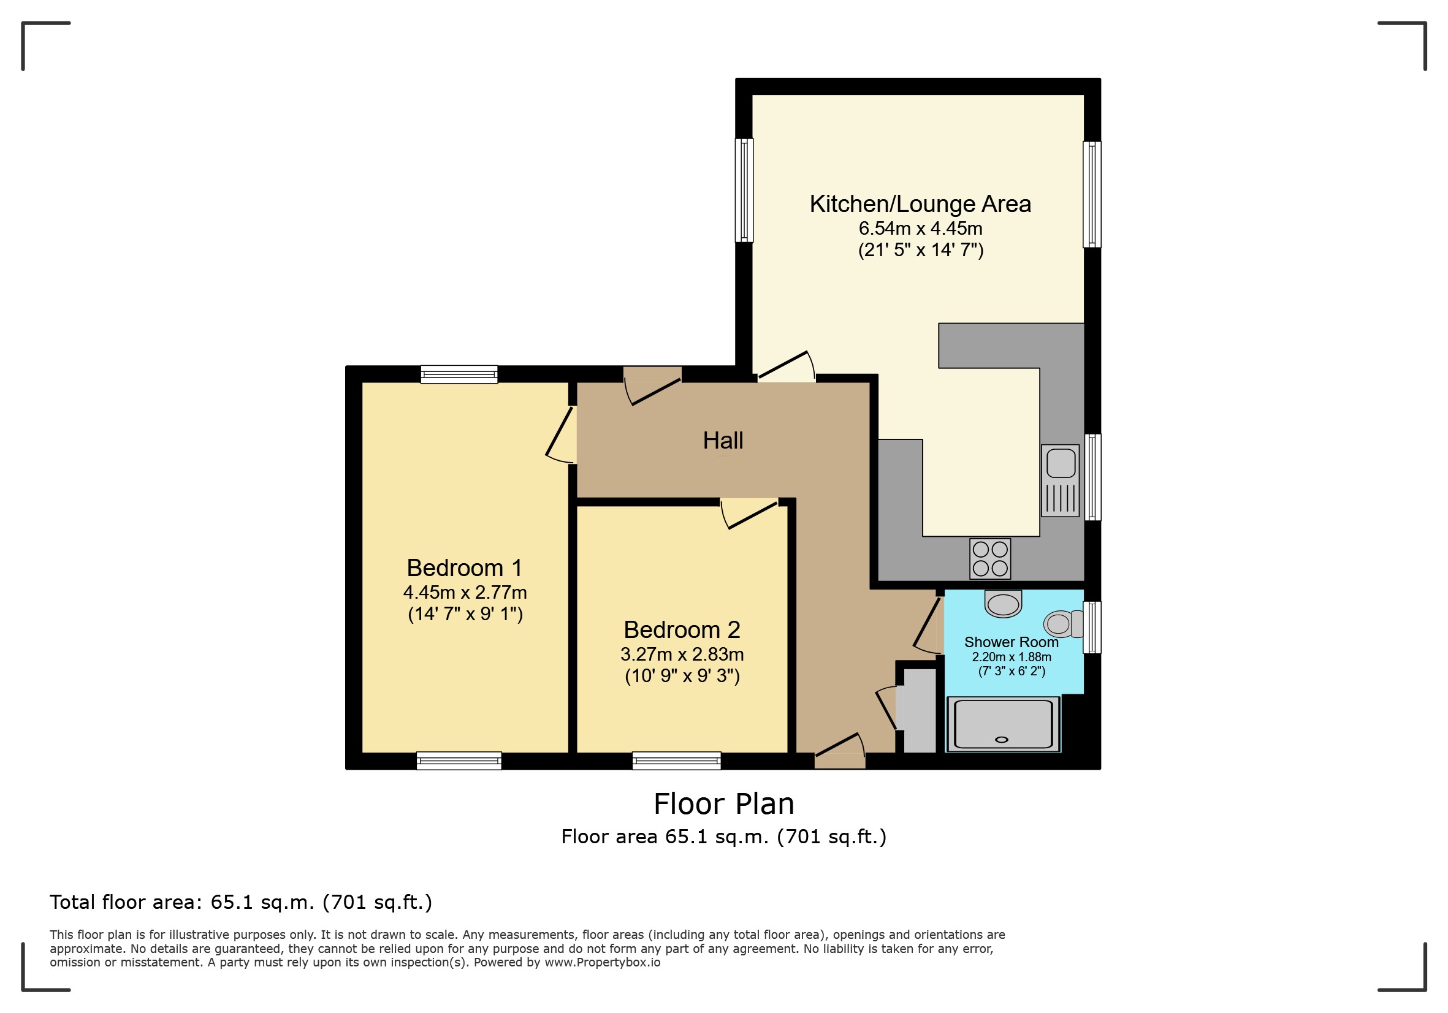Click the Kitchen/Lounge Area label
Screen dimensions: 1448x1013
pos(920,204)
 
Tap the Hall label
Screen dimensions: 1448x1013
pos(723,441)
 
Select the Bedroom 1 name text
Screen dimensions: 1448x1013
pos(464,568)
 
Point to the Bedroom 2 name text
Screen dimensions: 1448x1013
pos(682,630)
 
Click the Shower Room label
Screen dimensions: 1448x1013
pos(1011,642)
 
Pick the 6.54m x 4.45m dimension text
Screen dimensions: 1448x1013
pos(920,228)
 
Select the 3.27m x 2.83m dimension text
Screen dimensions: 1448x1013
pos(682,654)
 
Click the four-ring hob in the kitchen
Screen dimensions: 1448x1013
pos(990,559)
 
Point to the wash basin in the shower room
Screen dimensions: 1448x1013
pos(1003,604)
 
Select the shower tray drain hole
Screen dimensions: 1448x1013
pos(1002,740)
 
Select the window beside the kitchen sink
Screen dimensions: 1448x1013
pos(1092,477)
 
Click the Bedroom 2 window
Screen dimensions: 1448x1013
pos(677,761)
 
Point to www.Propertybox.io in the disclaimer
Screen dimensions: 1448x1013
pos(602,963)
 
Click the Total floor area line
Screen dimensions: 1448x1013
pos(241,903)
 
